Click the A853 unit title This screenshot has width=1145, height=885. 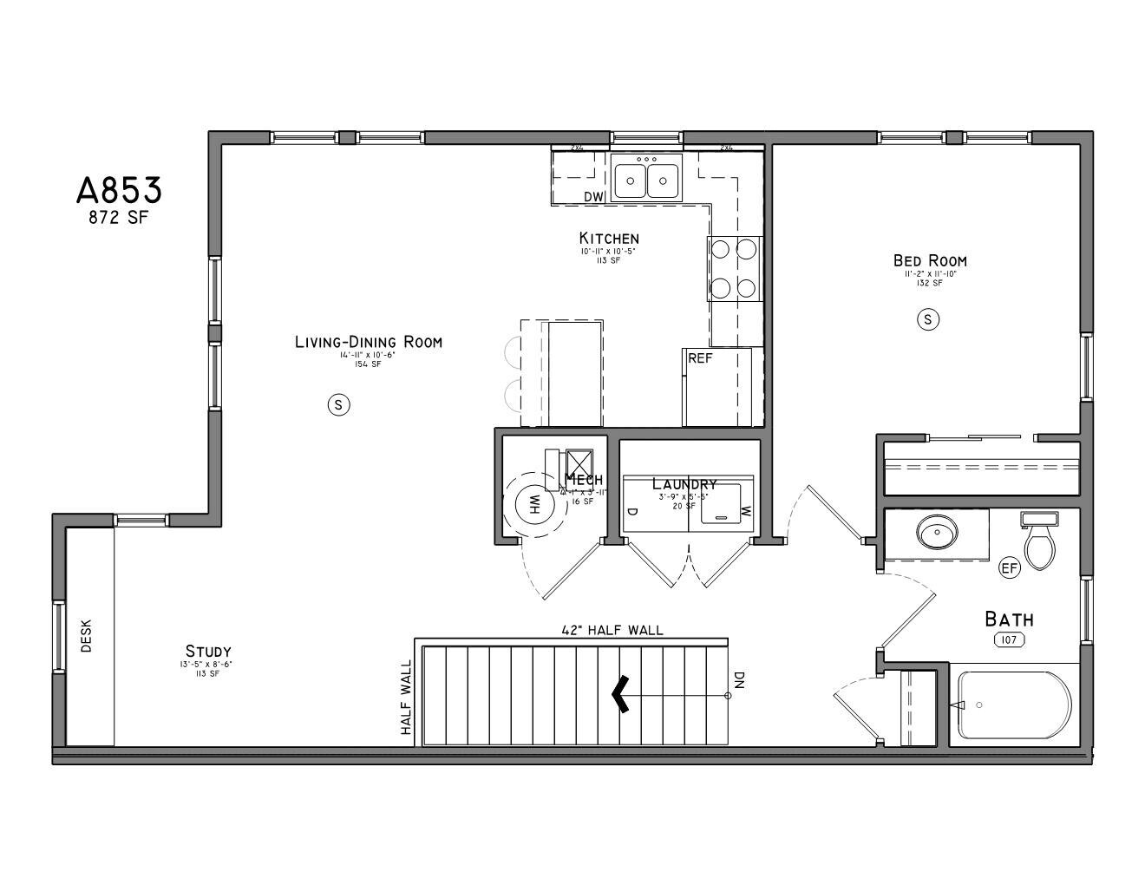[119, 190]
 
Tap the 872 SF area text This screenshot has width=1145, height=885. [119, 218]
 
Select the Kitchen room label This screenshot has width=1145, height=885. [609, 238]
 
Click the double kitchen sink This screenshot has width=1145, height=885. [646, 180]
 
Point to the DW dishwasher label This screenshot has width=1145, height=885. [593, 197]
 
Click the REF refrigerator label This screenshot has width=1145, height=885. [700, 357]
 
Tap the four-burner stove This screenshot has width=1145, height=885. [734, 268]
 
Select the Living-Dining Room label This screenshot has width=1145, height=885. [368, 342]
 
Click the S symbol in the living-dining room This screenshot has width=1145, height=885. [339, 403]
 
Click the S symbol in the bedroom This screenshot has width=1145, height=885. [928, 319]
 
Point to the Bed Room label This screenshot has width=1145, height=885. [930, 260]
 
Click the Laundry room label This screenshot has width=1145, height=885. [684, 484]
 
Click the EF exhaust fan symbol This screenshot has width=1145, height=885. [1009, 568]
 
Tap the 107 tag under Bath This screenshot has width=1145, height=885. [1009, 639]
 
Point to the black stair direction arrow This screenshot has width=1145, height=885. [620, 695]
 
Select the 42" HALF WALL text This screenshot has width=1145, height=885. [612, 630]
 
